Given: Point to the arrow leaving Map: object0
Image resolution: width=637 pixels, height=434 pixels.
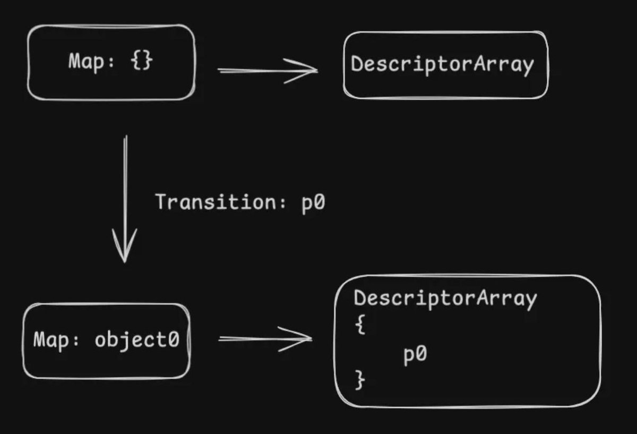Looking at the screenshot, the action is pyautogui.click(x=264, y=339).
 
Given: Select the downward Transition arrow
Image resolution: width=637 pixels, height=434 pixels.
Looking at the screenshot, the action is pyautogui.click(x=125, y=197).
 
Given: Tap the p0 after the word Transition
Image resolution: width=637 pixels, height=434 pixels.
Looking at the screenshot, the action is pyautogui.click(x=313, y=203).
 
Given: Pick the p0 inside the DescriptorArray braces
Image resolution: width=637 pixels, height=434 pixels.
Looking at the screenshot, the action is pyautogui.click(x=415, y=354).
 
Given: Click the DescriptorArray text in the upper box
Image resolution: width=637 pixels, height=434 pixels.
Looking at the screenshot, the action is pyautogui.click(x=442, y=64).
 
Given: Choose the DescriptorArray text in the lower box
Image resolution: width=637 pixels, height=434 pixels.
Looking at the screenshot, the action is pyautogui.click(x=445, y=299).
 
